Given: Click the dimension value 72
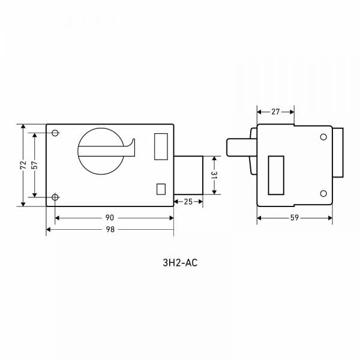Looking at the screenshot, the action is [23, 165].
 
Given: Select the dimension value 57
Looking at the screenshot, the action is [35, 165].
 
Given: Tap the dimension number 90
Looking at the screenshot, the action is [110, 218].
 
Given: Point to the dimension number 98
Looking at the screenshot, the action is [110, 229].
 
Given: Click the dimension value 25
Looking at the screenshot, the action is [188, 202].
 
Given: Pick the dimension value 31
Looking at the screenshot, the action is [214, 175].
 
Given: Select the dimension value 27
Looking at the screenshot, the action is [275, 112].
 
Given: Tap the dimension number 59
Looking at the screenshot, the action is [295, 218].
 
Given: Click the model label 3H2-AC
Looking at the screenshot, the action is [180, 263].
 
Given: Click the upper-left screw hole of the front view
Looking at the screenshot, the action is [55, 133].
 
